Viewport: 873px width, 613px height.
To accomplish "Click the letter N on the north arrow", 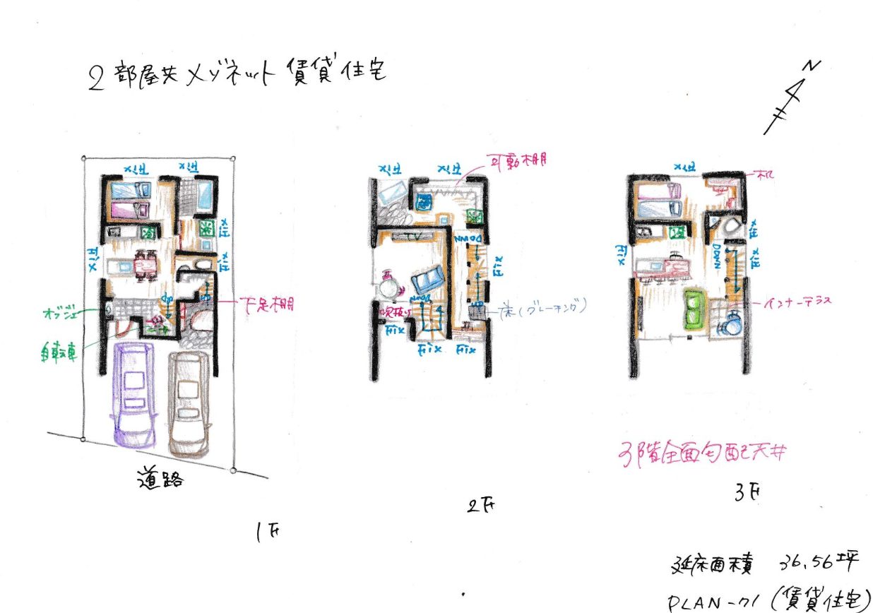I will [x=814, y=66].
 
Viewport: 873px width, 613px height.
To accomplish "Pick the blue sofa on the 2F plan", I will [x=427, y=282].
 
